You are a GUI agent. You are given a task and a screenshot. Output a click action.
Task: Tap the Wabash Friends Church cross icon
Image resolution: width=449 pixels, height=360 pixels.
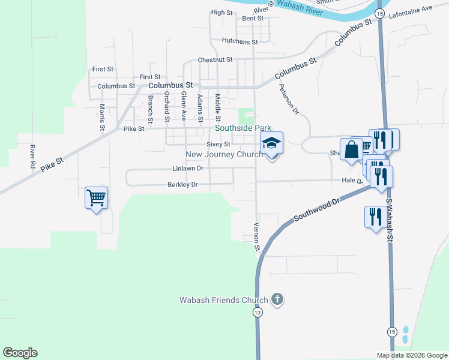[x=277, y=299]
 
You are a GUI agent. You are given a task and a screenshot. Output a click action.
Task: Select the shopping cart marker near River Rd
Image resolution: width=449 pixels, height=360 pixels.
[x=96, y=197]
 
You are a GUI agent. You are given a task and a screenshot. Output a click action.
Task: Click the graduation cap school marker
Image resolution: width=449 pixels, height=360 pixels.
[x=271, y=143]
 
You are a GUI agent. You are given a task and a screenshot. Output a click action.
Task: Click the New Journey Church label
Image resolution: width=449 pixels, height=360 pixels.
[x=223, y=154]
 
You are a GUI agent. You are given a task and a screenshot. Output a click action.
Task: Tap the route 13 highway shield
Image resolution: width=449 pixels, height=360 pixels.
[x=258, y=313]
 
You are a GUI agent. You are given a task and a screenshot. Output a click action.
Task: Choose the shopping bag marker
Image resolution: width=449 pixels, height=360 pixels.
[x=352, y=149]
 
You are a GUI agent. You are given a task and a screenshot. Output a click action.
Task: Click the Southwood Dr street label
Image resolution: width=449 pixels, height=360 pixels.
[x=317, y=210]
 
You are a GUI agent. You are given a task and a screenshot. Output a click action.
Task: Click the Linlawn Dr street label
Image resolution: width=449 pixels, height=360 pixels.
[x=187, y=169]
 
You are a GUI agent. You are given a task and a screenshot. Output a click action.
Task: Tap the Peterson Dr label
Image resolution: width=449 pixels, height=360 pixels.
[x=288, y=98]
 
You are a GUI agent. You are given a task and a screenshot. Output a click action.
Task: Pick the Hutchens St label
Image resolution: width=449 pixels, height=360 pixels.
[x=240, y=42]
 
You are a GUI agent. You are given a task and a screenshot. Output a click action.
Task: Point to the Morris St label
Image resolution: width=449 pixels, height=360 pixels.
[x=102, y=116]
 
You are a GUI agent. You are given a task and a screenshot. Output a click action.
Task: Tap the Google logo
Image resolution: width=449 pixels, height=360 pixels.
[x=20, y=353]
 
